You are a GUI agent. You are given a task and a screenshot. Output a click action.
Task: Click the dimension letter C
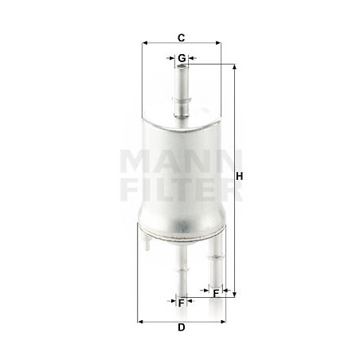coord(182,37)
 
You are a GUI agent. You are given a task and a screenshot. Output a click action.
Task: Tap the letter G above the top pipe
coord(182,58)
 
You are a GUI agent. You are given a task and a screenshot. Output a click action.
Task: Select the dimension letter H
coord(241,177)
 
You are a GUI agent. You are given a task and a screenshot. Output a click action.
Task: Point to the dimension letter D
coord(182,327)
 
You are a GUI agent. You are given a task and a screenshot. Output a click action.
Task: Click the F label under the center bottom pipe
coord(182,303)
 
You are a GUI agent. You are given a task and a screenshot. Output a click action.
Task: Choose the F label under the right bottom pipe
coord(216,294)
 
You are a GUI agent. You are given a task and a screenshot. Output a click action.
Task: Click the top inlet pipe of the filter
coord(182,88)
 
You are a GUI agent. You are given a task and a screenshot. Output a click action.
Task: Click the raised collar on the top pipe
coord(182,100)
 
